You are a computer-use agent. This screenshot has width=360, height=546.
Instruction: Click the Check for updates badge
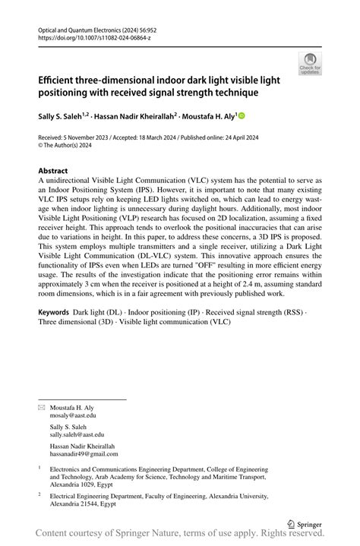click(310, 64)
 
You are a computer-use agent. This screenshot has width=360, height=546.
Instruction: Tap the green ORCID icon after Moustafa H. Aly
click(242, 116)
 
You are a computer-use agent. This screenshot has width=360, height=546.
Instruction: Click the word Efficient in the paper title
click(60, 80)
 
